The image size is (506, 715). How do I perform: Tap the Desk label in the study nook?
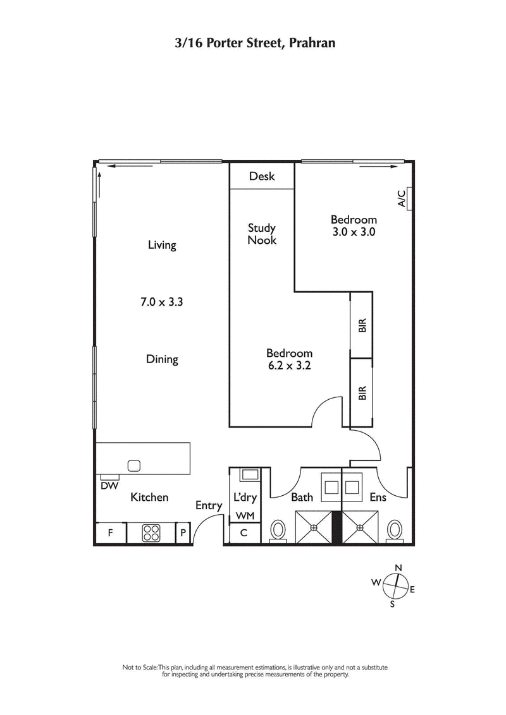(x=262, y=176)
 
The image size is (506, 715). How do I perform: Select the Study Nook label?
(x=262, y=234)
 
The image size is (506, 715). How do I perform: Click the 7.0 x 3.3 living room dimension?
(x=162, y=302)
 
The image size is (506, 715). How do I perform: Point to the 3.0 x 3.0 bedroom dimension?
(x=354, y=231)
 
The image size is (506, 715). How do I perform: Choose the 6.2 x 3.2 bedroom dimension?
(x=289, y=365)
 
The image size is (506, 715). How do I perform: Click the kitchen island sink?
(x=133, y=466)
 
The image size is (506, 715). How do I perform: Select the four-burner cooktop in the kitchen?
(x=151, y=533)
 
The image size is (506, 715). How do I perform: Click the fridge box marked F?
(x=110, y=533)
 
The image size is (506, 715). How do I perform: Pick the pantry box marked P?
(x=183, y=533)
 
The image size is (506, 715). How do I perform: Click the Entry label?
(x=209, y=505)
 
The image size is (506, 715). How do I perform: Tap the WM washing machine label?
(x=245, y=516)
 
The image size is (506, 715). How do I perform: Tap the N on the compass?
(x=398, y=567)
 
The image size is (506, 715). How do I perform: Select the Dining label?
(x=162, y=359)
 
